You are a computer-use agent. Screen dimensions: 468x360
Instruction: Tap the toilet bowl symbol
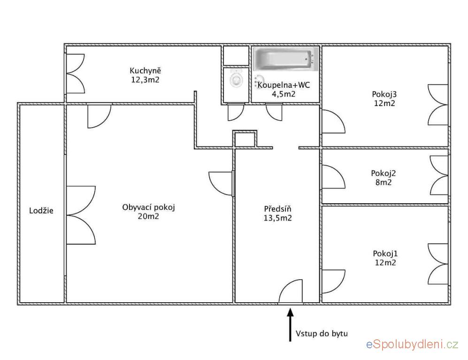[x=237, y=79]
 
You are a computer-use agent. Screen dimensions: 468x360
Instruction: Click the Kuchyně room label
[x=146, y=70]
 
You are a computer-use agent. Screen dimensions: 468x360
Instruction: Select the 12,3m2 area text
[x=146, y=80]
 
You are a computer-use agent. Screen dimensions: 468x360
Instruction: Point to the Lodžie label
[x=41, y=210]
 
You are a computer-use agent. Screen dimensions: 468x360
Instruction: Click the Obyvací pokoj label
[x=149, y=207]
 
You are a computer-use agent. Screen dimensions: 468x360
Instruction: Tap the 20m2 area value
[x=149, y=216]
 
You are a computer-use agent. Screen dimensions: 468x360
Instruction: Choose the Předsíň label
[x=277, y=209]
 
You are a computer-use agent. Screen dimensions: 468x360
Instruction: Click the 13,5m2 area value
[x=277, y=218]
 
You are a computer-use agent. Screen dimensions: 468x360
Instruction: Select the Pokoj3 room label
[x=384, y=94]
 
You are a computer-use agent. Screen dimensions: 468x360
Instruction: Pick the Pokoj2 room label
[x=384, y=174]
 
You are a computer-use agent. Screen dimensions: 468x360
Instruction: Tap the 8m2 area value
[x=384, y=183]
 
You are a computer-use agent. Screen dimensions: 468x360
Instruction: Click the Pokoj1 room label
[x=385, y=253]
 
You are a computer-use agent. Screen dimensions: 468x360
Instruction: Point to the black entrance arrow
[x=290, y=325]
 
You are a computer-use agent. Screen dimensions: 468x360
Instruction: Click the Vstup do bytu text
[x=322, y=333]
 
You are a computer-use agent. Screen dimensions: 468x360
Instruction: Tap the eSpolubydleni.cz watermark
[x=412, y=345]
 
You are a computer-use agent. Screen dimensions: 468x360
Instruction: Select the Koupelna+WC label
[x=284, y=85]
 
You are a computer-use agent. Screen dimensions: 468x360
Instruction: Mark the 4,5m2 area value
[x=284, y=94]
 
